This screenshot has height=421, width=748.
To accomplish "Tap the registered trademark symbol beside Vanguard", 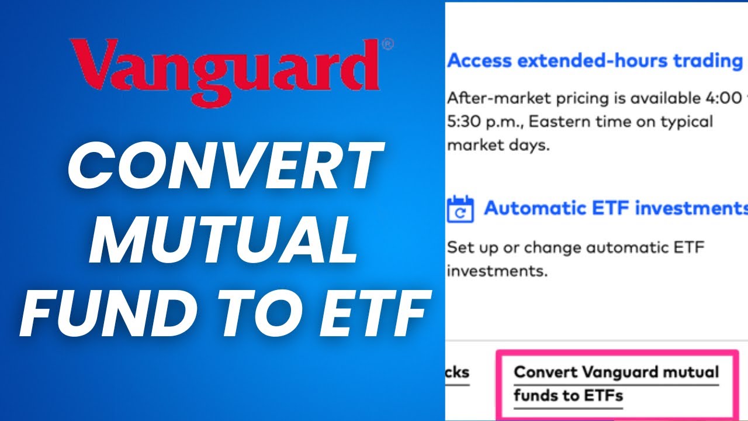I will coord(387,44).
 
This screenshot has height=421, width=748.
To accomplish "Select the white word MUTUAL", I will coord(223,240).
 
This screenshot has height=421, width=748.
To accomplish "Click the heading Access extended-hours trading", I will coord(595,60).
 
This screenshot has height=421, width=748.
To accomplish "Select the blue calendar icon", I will coord(460,209).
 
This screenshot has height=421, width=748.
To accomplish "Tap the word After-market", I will coord(491,98).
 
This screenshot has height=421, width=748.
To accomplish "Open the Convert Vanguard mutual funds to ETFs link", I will coord(616,384).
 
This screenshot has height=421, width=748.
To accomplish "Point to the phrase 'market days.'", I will coord(498,146).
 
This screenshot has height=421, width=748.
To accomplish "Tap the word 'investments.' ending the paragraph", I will coord(496,271).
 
